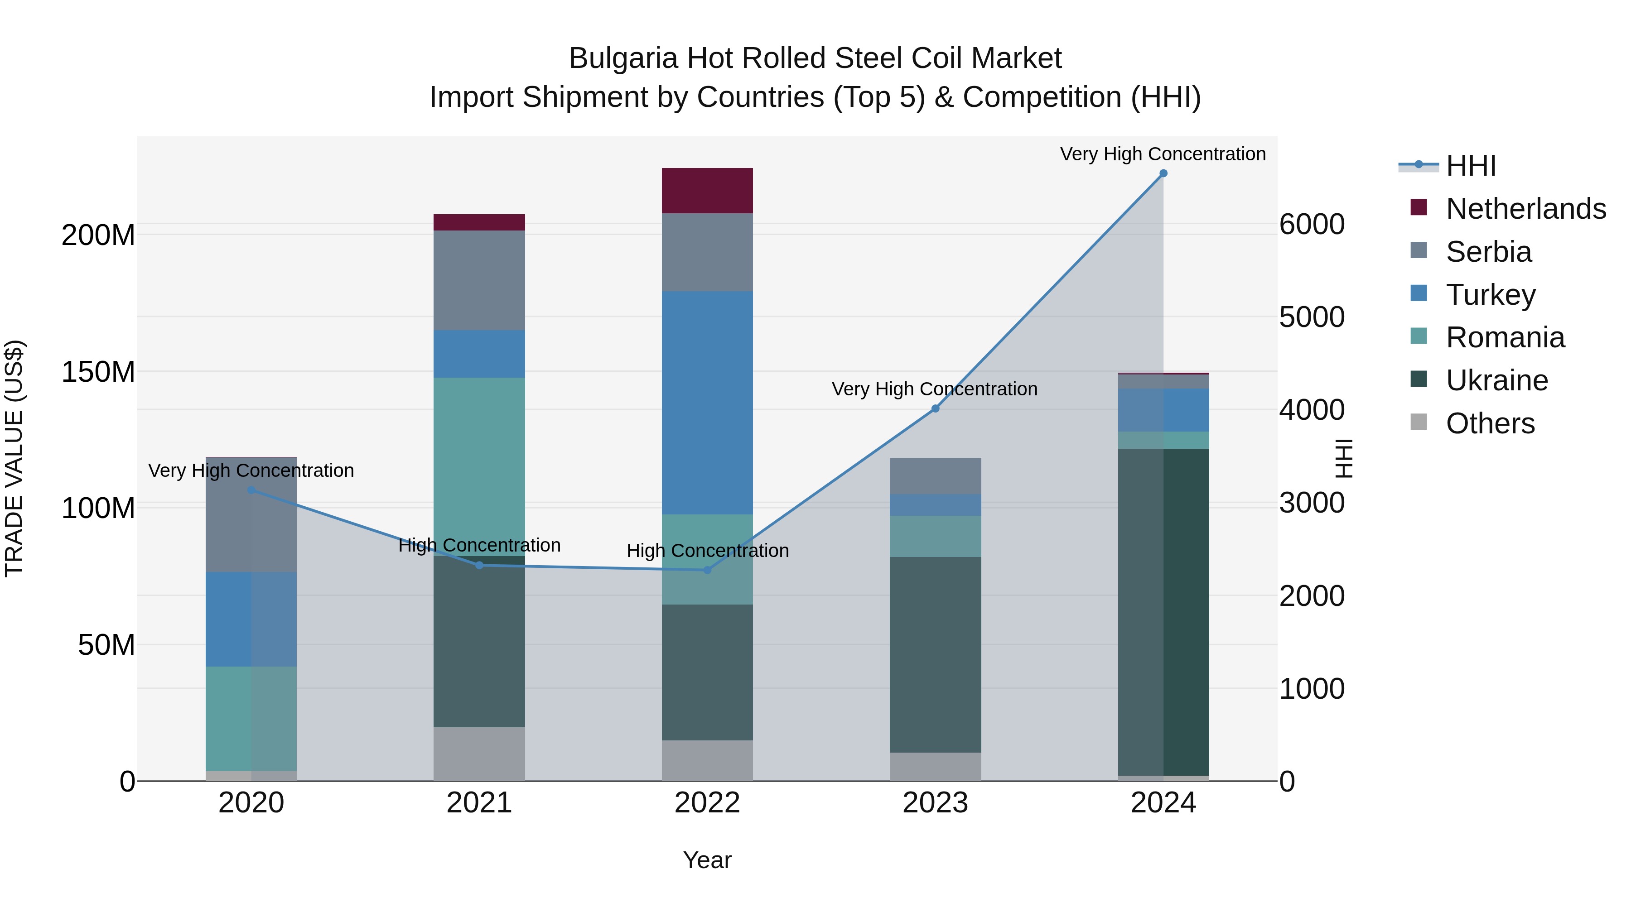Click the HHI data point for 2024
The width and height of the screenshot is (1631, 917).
pos(1163,173)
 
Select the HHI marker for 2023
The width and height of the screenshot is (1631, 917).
pos(935,409)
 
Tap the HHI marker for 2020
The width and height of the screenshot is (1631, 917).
pos(251,490)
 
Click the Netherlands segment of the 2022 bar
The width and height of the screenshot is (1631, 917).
pos(707,191)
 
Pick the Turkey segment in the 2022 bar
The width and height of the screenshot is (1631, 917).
pos(707,403)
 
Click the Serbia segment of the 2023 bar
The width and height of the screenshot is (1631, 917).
pos(935,476)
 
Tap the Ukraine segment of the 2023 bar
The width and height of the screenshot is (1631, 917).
pos(935,654)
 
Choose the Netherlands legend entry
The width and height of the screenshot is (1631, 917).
pos(1526,209)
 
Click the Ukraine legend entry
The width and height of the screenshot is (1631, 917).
pos(1497,380)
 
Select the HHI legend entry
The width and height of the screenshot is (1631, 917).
pos(1471,166)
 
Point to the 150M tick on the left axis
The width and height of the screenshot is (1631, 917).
pos(98,372)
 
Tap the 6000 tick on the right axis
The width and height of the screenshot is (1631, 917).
pos(1312,225)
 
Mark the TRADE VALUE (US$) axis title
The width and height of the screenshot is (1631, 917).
pos(14,458)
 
